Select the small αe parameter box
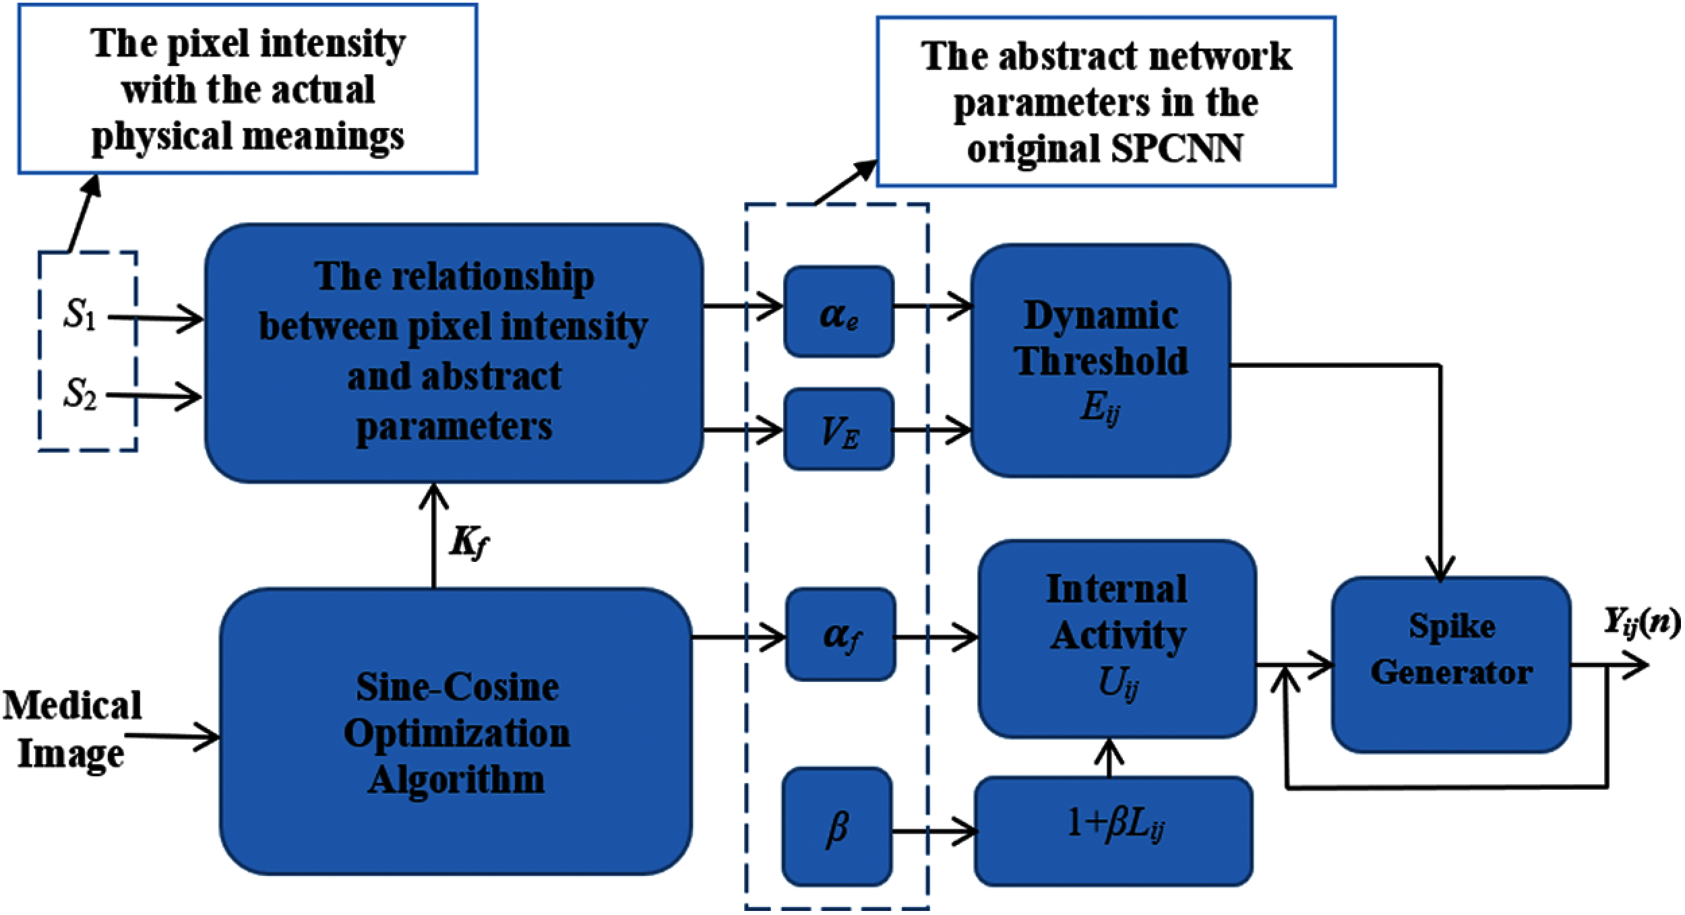[x=838, y=312]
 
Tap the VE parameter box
[x=838, y=429]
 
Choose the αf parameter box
[x=840, y=634]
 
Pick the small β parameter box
[x=837, y=827]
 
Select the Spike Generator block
[x=1451, y=664]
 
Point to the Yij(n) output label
[x=1639, y=623]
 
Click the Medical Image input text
[x=72, y=729]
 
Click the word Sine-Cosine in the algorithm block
[x=457, y=687]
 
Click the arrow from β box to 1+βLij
[x=933, y=831]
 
